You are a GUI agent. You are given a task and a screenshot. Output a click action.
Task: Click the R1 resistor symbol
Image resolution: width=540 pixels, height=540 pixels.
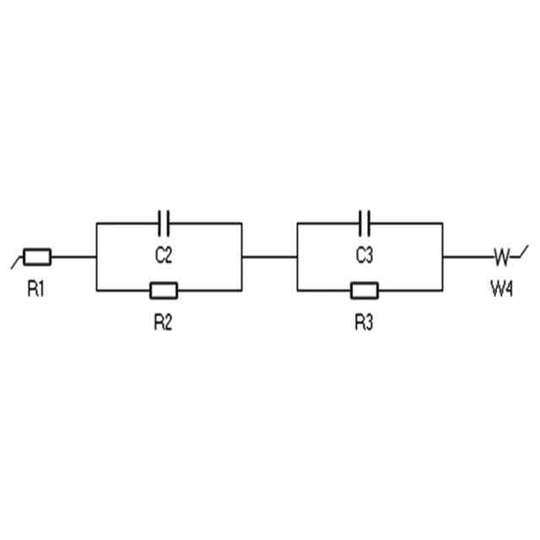[x=37, y=256]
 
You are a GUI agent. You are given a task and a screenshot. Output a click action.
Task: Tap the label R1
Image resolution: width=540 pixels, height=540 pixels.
[x=36, y=289]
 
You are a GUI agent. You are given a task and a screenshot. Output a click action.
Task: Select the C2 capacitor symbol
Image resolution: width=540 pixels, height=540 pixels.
[x=165, y=223]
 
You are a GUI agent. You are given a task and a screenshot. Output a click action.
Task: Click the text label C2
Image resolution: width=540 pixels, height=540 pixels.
[x=165, y=256]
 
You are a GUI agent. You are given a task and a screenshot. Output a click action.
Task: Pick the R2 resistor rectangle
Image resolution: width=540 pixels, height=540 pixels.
[x=164, y=291]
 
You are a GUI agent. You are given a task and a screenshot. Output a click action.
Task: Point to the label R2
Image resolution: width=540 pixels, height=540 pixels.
[x=164, y=323]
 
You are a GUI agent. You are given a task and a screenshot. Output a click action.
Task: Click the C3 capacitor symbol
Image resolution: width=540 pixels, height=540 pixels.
[x=365, y=223]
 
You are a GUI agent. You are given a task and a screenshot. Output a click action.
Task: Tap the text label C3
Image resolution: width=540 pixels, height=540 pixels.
[x=364, y=256]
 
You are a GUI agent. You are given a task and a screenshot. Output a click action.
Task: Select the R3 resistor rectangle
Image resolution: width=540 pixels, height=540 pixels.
[x=364, y=291]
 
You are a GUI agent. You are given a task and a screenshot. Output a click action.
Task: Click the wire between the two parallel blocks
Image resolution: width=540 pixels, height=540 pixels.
[x=269, y=256]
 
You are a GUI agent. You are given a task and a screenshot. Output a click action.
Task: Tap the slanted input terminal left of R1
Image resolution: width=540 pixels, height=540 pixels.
[x=16, y=262]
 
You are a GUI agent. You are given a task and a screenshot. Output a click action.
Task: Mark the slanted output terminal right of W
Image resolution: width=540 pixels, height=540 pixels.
[x=522, y=251]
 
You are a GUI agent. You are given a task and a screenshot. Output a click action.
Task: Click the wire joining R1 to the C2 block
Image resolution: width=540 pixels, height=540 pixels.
[x=73, y=256]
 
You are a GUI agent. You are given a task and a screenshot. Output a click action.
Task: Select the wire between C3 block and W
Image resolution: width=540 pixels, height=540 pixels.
[x=466, y=256]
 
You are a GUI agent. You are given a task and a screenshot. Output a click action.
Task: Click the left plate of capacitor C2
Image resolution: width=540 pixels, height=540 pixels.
[x=160, y=223]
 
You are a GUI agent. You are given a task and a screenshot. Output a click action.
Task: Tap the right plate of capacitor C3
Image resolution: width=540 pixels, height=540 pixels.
[x=370, y=223]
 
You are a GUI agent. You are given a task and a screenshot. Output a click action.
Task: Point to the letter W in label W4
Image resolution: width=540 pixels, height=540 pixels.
[x=497, y=289]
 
